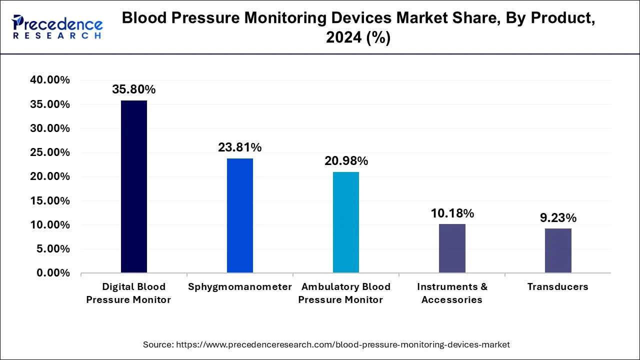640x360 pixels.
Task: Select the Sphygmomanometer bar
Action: (240, 215)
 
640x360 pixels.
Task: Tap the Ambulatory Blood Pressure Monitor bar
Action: (346, 222)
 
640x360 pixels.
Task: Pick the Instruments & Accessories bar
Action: (452, 248)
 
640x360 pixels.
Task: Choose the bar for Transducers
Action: (558, 250)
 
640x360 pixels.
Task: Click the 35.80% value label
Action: (134, 89)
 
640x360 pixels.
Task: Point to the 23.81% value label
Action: (240, 147)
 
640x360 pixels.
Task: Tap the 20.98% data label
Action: (346, 161)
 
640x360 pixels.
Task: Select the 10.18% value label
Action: (452, 213)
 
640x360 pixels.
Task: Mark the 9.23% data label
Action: (558, 218)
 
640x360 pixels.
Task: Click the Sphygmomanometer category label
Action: (240, 287)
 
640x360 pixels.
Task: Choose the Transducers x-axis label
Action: (558, 287)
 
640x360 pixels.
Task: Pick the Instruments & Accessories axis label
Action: (452, 293)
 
